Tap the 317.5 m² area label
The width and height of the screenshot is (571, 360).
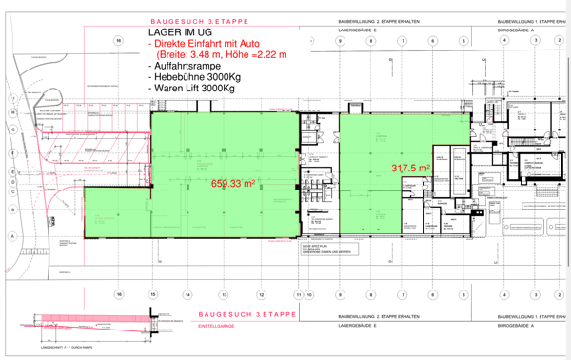411,168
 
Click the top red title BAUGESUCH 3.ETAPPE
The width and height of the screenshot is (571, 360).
199,20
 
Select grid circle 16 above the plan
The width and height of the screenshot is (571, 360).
119,41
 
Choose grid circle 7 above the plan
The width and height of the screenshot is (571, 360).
403,41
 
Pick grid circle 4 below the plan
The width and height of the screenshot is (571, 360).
504,295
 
